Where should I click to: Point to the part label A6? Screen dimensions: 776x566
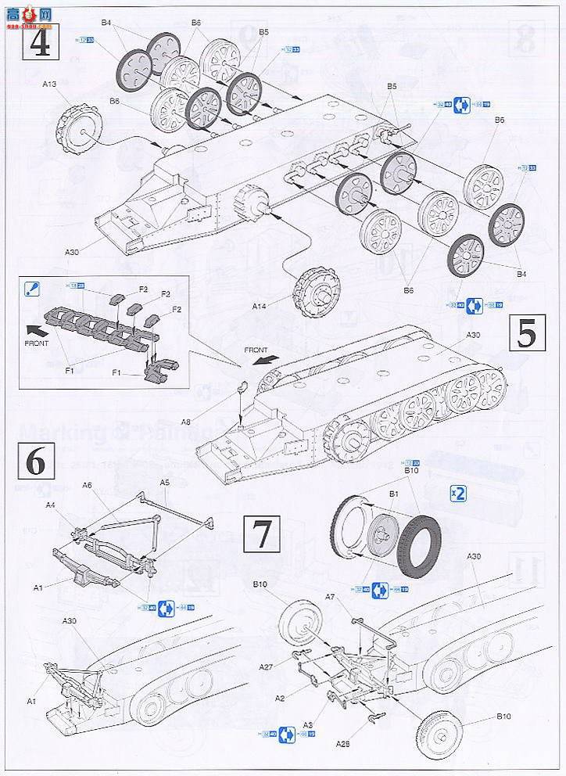(x=87, y=485)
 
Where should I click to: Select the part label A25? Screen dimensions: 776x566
(x=343, y=744)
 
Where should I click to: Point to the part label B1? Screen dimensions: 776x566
(x=393, y=494)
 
